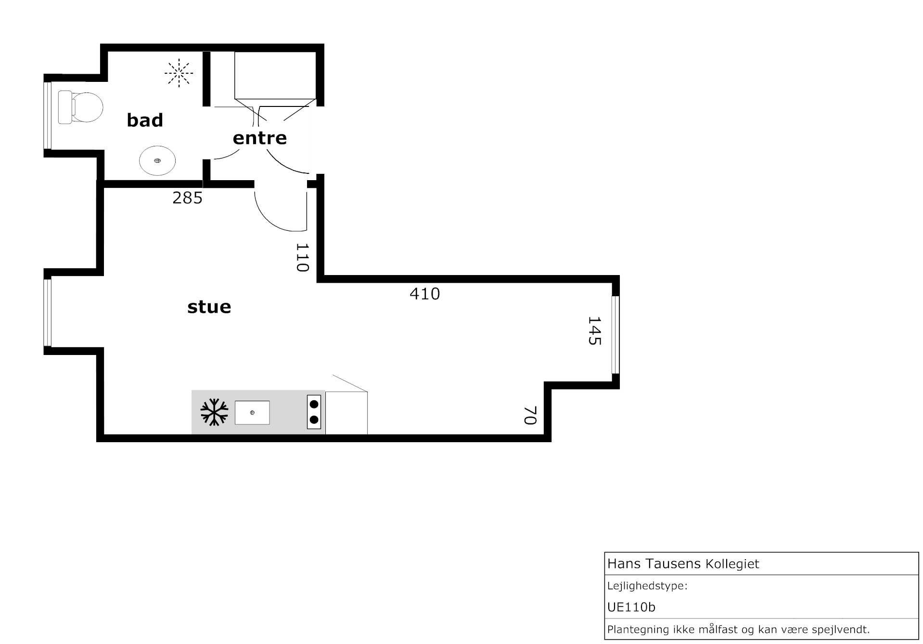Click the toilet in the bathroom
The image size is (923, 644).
tap(80, 107)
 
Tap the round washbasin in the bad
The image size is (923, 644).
tap(157, 160)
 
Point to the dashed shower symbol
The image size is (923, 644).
tap(179, 73)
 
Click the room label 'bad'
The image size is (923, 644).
tap(145, 120)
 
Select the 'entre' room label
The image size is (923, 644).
tap(260, 138)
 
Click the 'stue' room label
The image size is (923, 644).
tap(209, 307)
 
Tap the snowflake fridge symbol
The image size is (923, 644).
tap(214, 412)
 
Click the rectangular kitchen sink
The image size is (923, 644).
tap(252, 413)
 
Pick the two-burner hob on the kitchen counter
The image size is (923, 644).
tap(314, 412)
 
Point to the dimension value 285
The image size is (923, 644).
tap(188, 198)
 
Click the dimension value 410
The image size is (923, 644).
tap(425, 294)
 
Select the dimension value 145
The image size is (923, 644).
tap(595, 331)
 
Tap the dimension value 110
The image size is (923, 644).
tap(302, 258)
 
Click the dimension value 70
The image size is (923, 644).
tap(530, 415)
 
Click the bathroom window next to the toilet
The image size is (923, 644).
tap(47, 116)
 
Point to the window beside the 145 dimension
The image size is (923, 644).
tap(615, 335)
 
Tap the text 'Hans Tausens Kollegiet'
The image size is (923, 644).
tap(683, 564)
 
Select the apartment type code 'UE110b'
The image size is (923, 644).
tap(631, 607)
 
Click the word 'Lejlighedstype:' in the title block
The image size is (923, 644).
tap(647, 586)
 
